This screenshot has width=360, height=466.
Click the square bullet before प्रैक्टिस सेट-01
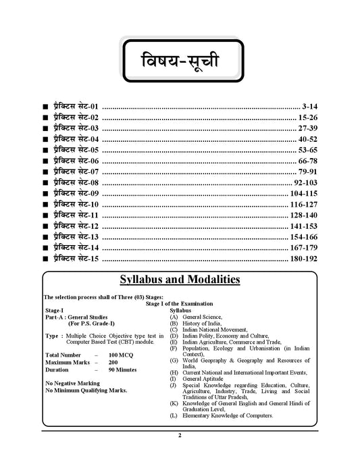point(45,107)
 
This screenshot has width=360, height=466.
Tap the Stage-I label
point(55,311)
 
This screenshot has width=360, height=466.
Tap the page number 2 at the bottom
point(180,436)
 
